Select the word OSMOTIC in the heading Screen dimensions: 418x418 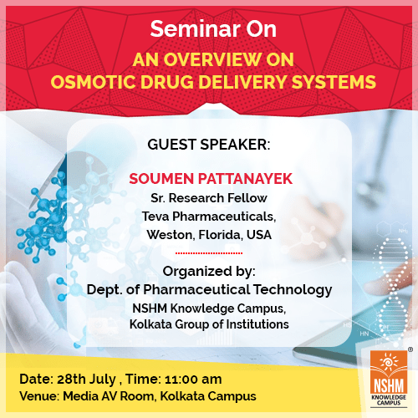pos(93,82)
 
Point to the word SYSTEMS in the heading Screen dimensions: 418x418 pos(334,82)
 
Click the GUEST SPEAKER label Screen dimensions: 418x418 pos(209,145)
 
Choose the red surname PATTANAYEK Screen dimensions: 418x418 pos(245,179)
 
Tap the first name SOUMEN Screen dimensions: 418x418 pos(161,179)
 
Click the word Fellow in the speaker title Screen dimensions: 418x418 pos(247,198)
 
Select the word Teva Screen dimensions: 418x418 pos(155,217)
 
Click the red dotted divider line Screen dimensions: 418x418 pos(209,253)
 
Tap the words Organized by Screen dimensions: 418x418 pos(209,272)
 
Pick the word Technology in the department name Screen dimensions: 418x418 pos(293,290)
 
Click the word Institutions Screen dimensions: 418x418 pos(257,324)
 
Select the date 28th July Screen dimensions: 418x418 pos(86,380)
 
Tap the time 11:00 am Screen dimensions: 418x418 pos(193,380)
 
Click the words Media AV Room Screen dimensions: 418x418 pos(109,396)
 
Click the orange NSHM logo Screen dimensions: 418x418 pos(389,379)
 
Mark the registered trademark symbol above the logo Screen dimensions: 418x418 pos(410,349)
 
